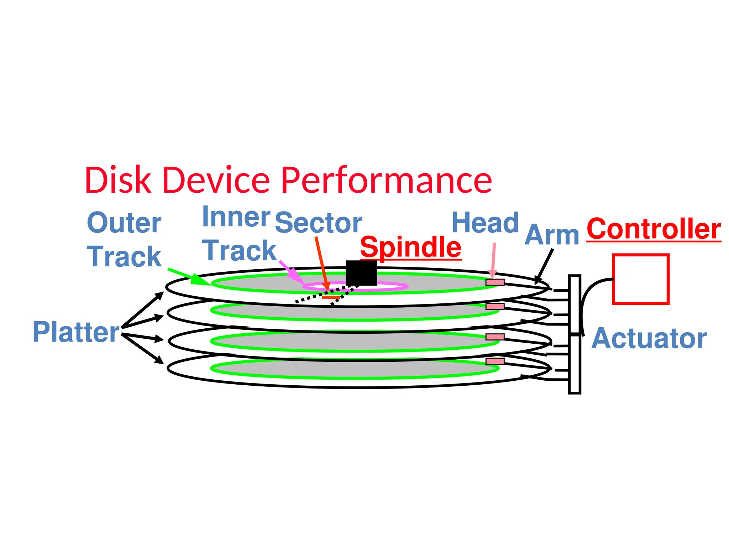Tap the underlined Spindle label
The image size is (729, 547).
(x=410, y=247)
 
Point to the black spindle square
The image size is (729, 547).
(x=361, y=273)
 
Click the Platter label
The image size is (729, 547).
(x=76, y=332)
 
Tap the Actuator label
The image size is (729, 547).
(x=649, y=338)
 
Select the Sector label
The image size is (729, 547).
(x=318, y=223)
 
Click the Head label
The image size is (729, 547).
(x=485, y=223)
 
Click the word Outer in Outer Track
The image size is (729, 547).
(x=124, y=223)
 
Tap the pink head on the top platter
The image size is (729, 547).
(x=495, y=282)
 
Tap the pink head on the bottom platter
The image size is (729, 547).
(x=495, y=361)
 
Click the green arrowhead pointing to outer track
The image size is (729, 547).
(x=198, y=279)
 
